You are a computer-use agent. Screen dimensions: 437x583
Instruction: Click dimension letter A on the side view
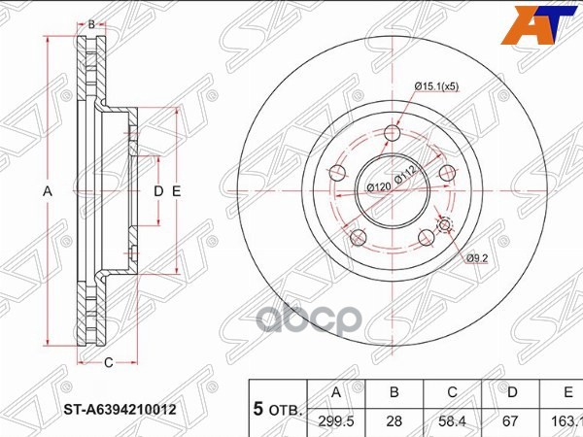(x=46, y=191)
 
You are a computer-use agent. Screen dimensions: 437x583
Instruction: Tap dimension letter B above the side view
(x=91, y=23)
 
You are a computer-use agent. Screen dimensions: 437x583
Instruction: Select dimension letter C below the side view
(x=108, y=363)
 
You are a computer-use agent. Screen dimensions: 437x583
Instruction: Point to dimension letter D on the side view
(x=158, y=191)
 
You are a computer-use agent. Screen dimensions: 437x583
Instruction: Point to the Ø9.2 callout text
(x=475, y=258)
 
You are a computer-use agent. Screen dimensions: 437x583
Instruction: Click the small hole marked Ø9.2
(x=445, y=226)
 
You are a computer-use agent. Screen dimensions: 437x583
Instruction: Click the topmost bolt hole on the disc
(x=393, y=134)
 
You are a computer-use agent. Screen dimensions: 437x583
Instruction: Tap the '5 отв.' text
(x=279, y=410)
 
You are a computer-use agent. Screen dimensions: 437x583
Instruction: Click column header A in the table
(x=336, y=392)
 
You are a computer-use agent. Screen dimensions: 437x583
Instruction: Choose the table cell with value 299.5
(x=336, y=422)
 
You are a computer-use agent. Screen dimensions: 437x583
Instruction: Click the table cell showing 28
(x=394, y=422)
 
